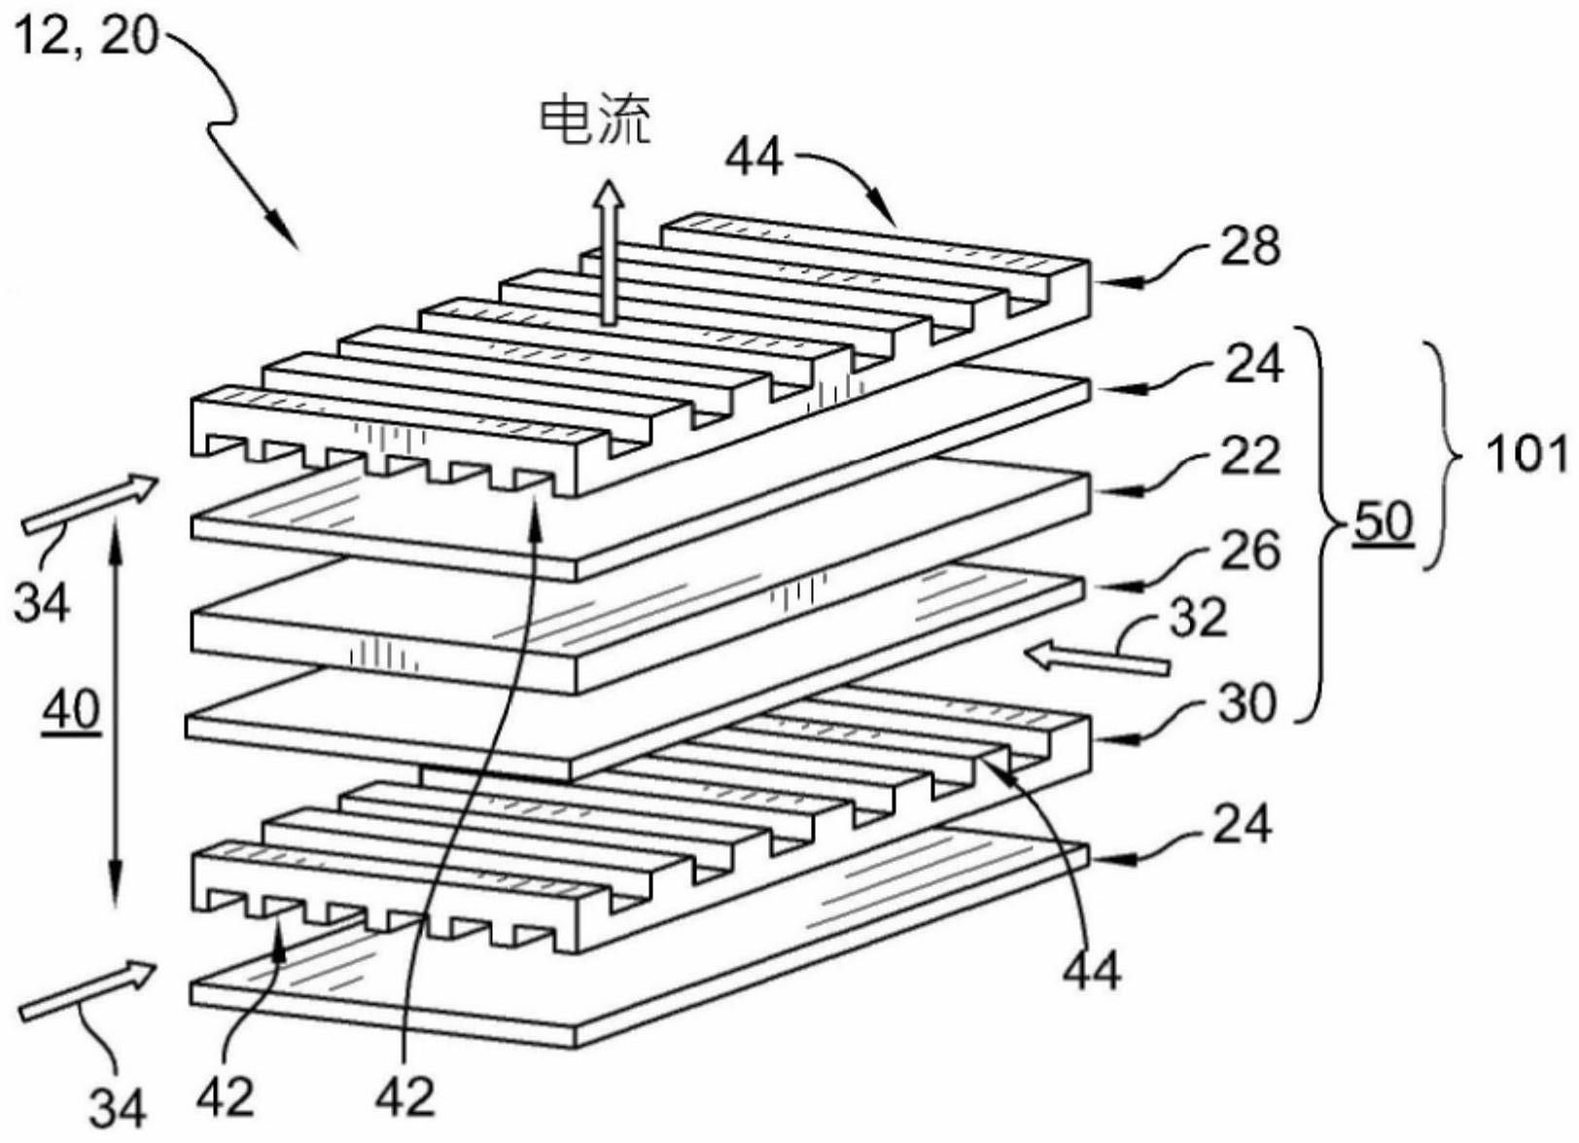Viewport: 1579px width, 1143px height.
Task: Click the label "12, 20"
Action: coord(86,40)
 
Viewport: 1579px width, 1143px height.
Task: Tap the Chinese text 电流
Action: coord(595,123)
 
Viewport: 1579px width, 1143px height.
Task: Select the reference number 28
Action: coord(1252,247)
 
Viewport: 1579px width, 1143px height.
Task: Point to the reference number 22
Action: coord(1251,457)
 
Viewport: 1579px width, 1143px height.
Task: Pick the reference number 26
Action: coord(1251,552)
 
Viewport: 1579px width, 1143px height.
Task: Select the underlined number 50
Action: coord(1383,523)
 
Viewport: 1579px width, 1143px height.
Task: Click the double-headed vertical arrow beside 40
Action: coord(116,711)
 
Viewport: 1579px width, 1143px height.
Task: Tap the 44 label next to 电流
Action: coord(754,156)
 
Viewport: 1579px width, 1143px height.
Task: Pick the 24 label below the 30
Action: coord(1242,825)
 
